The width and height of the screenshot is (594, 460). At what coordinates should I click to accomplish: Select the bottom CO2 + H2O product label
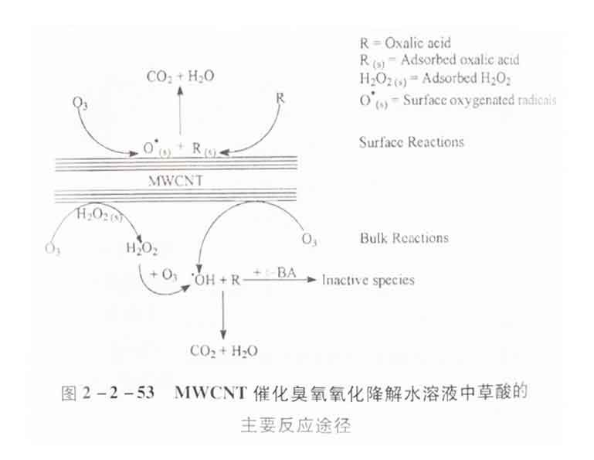coord(224,351)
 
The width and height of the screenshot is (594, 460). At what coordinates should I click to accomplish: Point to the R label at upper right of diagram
coord(281,98)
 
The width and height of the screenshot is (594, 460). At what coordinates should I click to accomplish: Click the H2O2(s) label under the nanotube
coord(98,213)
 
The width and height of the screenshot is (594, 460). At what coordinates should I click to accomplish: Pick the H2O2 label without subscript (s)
coord(142,247)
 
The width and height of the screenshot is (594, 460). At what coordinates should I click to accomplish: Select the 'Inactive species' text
coord(368,280)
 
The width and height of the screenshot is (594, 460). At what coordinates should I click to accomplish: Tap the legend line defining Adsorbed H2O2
coord(436,80)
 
